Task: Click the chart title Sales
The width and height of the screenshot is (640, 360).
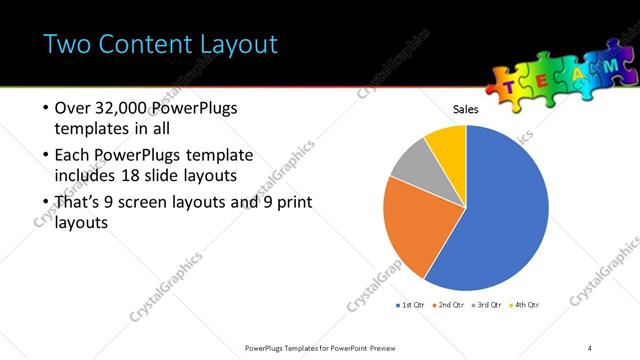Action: tap(467, 109)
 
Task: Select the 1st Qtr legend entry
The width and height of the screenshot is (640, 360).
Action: tap(414, 303)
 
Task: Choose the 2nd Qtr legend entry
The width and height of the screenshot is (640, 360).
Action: tap(452, 303)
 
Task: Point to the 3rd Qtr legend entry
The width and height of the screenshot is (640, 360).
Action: tap(489, 303)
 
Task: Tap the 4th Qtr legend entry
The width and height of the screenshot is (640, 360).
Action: tap(527, 303)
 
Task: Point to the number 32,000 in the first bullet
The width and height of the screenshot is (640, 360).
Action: tap(124, 107)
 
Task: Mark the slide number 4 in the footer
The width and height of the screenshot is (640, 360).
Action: tap(590, 347)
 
